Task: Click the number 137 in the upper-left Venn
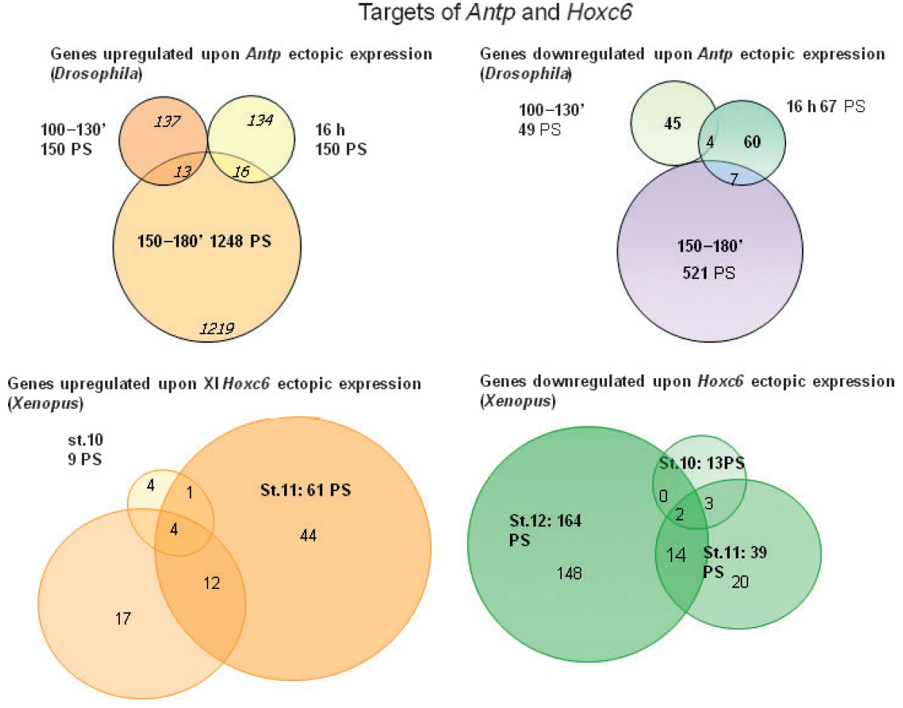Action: pos(167,120)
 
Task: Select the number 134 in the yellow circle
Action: pos(259,120)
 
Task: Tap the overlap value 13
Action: pos(182,172)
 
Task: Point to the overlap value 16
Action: pos(241,172)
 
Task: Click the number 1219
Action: pos(217,328)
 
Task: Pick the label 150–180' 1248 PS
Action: pos(204,241)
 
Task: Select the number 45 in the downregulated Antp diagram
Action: pos(672,123)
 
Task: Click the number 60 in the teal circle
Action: pos(752,142)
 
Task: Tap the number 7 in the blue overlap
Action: pos(734,179)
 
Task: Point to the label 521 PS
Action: pos(709,273)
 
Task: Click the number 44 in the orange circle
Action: pos(308,536)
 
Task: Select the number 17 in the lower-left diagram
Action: pos(123,619)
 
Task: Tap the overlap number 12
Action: pos(212,583)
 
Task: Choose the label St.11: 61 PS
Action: pos(305,490)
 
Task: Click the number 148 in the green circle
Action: pos(569,573)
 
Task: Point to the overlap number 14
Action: pos(676,555)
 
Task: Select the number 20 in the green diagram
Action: pos(739,582)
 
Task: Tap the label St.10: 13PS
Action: pos(701,463)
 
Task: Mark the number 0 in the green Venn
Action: pos(663,496)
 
